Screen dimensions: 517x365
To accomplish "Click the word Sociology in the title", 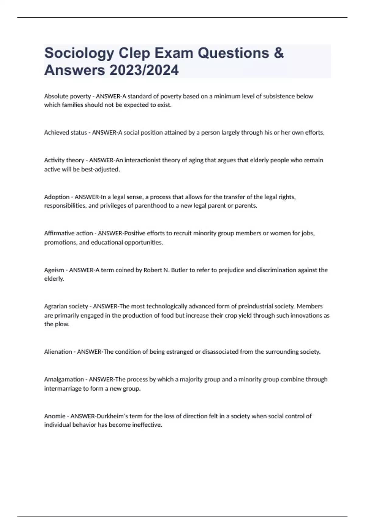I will click(79, 53).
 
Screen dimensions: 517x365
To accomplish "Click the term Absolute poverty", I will click(67, 96).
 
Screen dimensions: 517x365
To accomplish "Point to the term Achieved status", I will click(65, 133).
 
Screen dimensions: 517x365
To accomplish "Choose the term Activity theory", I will click(64, 160).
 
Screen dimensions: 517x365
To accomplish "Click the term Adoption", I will click(57, 197).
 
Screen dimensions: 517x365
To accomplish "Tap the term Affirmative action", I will click(68, 233).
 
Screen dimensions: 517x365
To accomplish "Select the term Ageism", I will click(54, 270).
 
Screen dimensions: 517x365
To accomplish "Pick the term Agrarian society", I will click(66, 306).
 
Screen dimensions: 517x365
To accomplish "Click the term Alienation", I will click(58, 352).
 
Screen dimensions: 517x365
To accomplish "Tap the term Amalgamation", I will click(64, 379).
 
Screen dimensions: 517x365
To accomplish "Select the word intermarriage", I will click(62, 388).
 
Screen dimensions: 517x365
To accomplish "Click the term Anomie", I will click(55, 416).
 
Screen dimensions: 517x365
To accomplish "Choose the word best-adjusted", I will click(100, 169).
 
